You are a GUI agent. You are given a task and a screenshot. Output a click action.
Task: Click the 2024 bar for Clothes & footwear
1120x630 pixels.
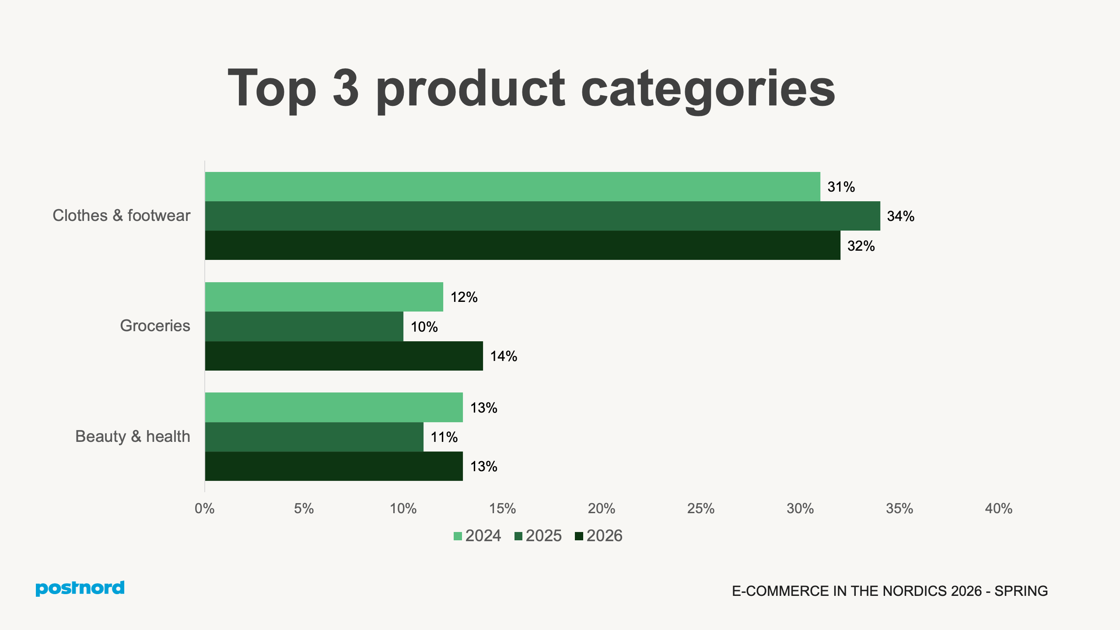pos(512,186)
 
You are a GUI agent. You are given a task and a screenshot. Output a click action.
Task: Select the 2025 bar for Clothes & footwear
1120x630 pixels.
pos(542,216)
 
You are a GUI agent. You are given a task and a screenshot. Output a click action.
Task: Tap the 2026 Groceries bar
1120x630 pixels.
pos(344,356)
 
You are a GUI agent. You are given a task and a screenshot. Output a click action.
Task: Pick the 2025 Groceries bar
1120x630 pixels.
pos(304,326)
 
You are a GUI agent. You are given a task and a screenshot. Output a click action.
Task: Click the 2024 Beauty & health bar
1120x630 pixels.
pos(334,407)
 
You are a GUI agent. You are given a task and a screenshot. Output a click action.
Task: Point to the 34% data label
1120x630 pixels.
pos(900,216)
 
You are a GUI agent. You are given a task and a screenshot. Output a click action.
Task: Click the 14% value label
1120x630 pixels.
pos(504,356)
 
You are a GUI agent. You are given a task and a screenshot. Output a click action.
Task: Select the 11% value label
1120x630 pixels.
pos(444,437)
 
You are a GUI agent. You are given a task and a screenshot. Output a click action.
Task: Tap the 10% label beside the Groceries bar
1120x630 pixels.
pos(424,327)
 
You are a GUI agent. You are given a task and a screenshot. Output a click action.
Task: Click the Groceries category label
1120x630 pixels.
pos(155,326)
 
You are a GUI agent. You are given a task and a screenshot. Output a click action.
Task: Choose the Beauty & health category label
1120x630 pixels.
pos(133,437)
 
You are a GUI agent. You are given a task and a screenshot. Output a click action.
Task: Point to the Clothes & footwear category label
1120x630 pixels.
pos(121,216)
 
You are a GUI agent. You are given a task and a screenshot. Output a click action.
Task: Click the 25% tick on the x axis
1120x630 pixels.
pos(700,508)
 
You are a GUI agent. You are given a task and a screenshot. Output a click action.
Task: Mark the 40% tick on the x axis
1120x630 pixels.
pos(998,508)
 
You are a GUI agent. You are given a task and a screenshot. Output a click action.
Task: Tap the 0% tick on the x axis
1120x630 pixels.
pos(204,508)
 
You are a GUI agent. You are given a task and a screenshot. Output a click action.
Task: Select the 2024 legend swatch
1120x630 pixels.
pos(458,536)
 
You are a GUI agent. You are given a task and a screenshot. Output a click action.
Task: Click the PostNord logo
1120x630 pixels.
pos(80,588)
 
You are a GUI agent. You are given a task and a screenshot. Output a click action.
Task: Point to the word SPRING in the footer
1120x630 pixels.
pos(1021,591)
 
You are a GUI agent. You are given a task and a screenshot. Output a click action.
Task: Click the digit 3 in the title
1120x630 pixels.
pos(346,88)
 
